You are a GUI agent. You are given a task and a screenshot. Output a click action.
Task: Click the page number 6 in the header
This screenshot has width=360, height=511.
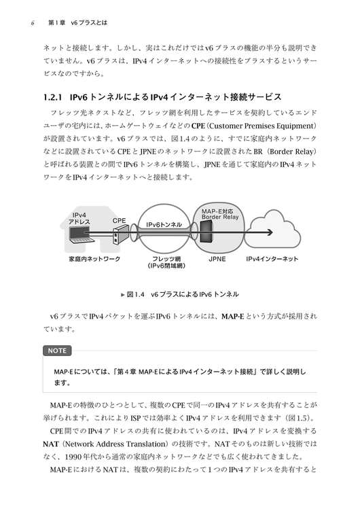coord(33,23)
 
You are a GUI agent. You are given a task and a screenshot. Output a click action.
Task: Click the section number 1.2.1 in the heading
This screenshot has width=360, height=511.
coord(53,97)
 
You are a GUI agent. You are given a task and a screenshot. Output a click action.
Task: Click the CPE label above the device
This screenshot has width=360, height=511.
coord(120,221)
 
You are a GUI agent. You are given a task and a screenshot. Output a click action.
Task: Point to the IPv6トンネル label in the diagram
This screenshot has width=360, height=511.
coord(164,224)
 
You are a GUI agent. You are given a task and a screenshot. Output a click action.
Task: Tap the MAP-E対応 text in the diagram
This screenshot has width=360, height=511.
coord(217,211)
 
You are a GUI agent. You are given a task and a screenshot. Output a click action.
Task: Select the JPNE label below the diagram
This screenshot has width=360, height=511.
coord(217,259)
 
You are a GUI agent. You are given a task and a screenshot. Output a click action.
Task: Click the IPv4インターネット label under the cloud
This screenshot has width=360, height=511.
coord(272,259)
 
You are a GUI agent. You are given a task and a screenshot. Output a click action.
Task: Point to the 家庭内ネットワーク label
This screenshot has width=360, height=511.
coord(94,259)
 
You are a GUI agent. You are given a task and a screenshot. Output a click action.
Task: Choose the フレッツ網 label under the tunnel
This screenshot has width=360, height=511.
coord(166,259)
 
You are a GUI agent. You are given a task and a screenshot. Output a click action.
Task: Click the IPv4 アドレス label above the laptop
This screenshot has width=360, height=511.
coord(79,218)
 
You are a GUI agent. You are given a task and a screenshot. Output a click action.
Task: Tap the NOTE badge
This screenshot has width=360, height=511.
coord(57,351)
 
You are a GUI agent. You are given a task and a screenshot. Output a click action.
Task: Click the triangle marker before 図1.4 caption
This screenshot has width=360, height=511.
coord(123,295)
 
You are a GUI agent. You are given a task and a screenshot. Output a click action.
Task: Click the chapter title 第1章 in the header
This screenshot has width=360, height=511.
coord(57,23)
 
